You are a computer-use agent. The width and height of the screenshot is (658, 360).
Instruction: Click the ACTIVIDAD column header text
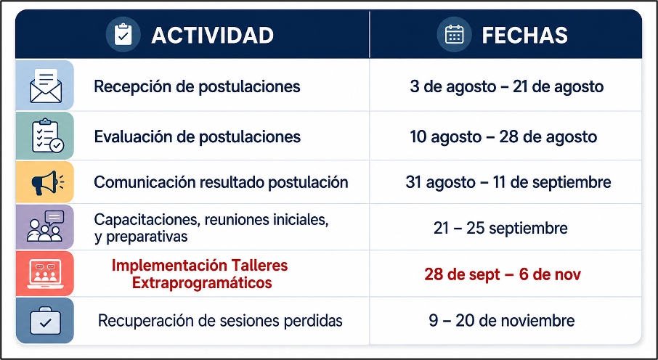tap(212, 36)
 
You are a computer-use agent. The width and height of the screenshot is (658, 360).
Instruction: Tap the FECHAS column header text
tap(524, 36)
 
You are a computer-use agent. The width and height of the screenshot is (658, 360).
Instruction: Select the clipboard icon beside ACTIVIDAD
tap(123, 34)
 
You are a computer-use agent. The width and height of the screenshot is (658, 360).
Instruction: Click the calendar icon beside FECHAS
tap(454, 34)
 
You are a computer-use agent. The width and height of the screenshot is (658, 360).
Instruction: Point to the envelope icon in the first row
tap(45, 86)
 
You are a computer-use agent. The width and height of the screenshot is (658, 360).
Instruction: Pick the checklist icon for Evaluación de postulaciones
tap(47, 136)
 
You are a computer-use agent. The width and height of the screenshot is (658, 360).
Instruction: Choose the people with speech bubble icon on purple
tap(45, 226)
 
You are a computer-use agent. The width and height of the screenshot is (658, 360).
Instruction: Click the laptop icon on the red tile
tap(45, 274)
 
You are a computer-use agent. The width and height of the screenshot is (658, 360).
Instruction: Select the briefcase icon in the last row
tap(45, 321)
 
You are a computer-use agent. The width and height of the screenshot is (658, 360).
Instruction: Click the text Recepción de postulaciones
tap(197, 87)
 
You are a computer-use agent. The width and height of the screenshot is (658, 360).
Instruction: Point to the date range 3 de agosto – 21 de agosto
tap(506, 87)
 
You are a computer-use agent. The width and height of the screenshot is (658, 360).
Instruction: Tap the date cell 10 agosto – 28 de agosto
tap(503, 136)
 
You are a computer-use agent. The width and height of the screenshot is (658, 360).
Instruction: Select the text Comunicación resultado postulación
tap(221, 182)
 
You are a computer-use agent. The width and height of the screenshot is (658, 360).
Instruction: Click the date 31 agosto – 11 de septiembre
tap(508, 182)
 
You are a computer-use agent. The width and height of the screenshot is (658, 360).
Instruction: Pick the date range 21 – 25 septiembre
tap(500, 229)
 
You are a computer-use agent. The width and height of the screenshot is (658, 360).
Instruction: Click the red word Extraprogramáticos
tap(202, 283)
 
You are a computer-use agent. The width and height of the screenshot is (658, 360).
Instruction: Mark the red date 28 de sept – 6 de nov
tap(503, 274)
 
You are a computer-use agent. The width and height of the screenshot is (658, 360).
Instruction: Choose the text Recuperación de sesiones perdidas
tap(220, 321)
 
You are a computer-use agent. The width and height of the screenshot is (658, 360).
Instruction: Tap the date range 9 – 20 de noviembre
tap(501, 321)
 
